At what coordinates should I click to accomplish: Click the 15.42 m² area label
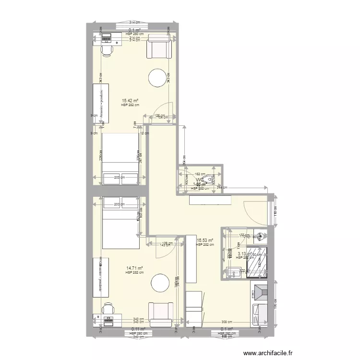click(130, 100)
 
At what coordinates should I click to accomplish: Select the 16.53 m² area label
click(205, 241)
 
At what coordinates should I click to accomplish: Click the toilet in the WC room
click(208, 180)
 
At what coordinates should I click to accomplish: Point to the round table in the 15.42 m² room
click(158, 78)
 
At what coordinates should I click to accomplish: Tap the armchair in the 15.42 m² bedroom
click(159, 47)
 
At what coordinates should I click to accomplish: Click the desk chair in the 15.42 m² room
click(107, 49)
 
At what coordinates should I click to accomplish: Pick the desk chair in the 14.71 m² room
click(108, 308)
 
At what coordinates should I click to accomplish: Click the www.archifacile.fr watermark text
click(268, 353)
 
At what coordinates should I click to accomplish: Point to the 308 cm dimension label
click(227, 323)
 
